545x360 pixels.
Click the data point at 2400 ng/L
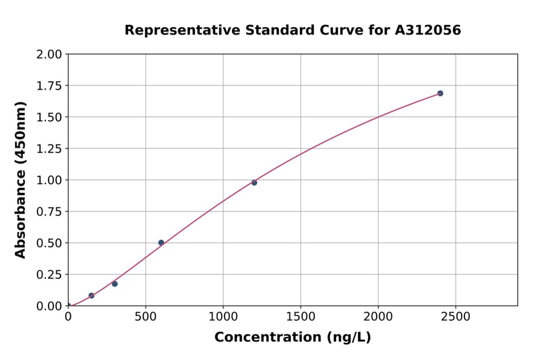click(x=440, y=93)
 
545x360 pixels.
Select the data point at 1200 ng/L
click(x=254, y=182)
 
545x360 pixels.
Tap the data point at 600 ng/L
click(x=161, y=242)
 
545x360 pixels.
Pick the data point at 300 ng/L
click(x=114, y=284)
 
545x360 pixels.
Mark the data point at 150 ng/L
click(x=91, y=296)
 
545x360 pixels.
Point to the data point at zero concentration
click(x=68, y=305)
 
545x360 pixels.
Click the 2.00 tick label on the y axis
click(x=50, y=55)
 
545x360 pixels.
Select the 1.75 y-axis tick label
click(x=50, y=86)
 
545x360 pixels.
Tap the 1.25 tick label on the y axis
click(x=50, y=149)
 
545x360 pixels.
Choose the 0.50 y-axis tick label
click(x=50, y=243)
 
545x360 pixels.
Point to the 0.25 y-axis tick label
click(x=50, y=275)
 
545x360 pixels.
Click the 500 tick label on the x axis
click(x=145, y=317)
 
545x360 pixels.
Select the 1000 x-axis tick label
click(x=223, y=317)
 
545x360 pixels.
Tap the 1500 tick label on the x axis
click(x=300, y=317)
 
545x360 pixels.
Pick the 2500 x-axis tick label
click(x=455, y=317)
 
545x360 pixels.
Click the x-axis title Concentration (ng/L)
click(x=292, y=338)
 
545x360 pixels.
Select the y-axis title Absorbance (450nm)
click(x=21, y=180)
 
